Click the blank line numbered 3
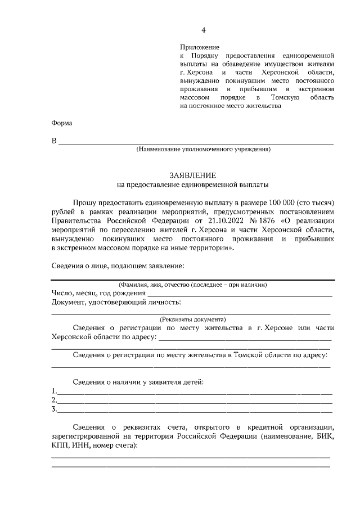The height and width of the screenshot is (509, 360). coord(194,409)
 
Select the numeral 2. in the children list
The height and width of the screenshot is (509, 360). coord(54,400)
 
